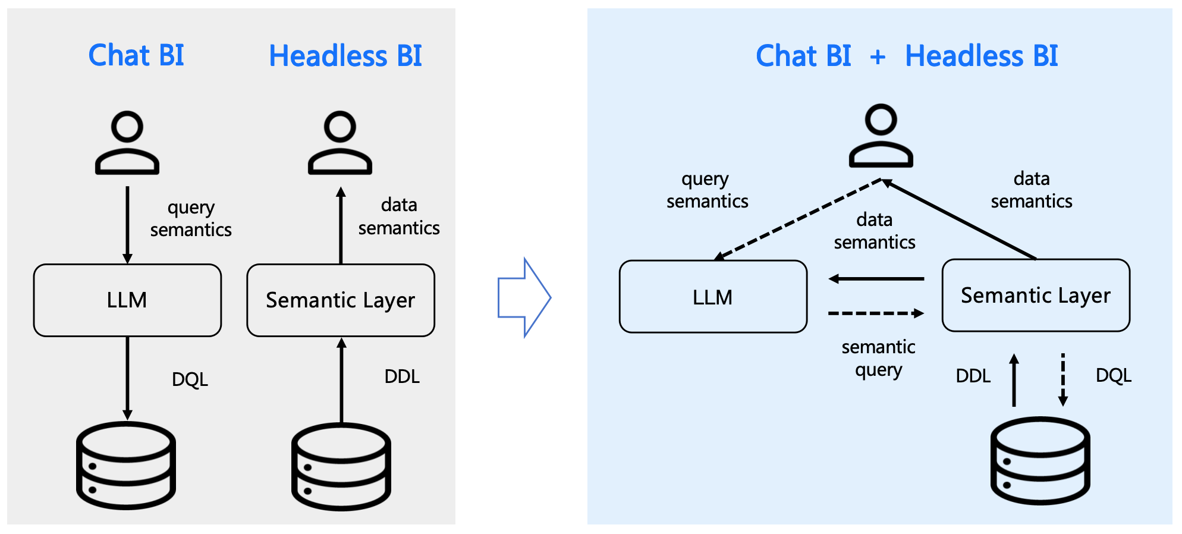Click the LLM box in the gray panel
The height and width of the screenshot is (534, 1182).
[127, 300]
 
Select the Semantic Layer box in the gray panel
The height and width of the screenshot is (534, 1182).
[340, 300]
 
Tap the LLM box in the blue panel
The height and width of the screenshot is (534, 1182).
[712, 297]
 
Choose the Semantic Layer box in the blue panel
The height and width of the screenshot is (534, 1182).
[1035, 296]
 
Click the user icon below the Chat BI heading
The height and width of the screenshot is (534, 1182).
[127, 143]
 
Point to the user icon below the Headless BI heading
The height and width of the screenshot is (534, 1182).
[339, 143]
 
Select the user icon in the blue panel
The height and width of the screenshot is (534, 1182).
[881, 136]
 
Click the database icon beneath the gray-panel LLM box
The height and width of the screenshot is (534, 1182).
[126, 465]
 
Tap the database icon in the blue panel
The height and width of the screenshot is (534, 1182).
[1040, 461]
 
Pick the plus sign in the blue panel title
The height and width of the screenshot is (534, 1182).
[878, 57]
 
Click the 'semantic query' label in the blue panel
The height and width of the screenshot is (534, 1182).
[878, 358]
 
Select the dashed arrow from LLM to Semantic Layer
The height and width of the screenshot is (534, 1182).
[875, 313]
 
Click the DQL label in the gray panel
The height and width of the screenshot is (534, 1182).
[190, 379]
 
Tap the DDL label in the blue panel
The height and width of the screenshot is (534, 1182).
[973, 376]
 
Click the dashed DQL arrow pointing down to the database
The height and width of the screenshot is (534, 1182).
[1062, 379]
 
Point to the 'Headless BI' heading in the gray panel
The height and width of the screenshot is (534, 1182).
[345, 56]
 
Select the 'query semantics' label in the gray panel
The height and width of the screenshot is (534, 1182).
[190, 219]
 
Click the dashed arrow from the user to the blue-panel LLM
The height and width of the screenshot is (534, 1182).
[797, 219]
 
